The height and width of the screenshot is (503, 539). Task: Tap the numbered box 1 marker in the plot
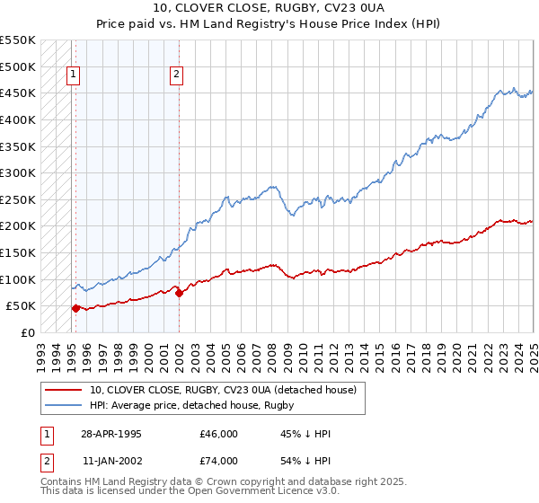pyautogui.click(x=73, y=75)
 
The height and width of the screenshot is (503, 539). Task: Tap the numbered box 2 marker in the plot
pyautogui.click(x=177, y=75)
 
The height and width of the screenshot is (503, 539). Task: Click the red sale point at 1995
pyautogui.click(x=75, y=308)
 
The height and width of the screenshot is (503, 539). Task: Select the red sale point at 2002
pyautogui.click(x=179, y=293)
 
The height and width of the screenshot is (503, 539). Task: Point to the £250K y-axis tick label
pyautogui.click(x=17, y=199)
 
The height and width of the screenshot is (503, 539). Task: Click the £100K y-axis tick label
pyautogui.click(x=17, y=279)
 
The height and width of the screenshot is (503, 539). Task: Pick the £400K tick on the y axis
pyautogui.click(x=17, y=119)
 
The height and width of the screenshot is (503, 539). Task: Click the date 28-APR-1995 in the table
pyautogui.click(x=111, y=434)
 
